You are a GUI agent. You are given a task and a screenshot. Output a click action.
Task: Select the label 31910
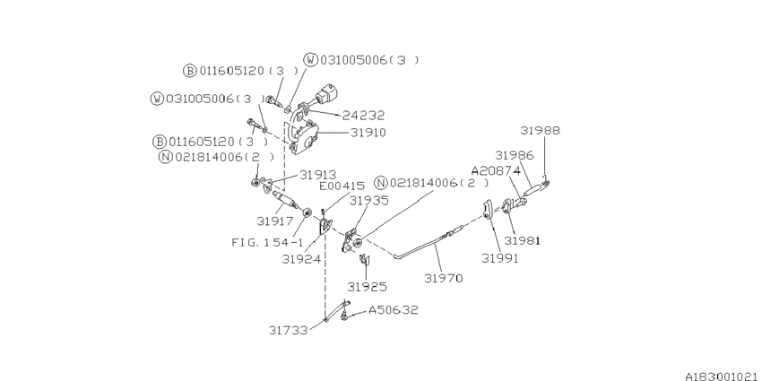[368, 132]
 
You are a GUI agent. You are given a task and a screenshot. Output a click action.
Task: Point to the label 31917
[274, 221]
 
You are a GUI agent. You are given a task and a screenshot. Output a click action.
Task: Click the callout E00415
[342, 186]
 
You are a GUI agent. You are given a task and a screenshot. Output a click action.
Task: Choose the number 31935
[368, 201]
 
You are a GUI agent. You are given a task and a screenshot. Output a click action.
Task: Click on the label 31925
[368, 287]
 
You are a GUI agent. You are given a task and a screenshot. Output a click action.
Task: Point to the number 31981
[524, 240]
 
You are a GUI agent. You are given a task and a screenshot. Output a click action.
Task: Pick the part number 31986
[515, 155]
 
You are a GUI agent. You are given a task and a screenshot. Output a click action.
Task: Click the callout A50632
[394, 310]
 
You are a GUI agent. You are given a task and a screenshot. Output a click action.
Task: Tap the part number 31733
[290, 330]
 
